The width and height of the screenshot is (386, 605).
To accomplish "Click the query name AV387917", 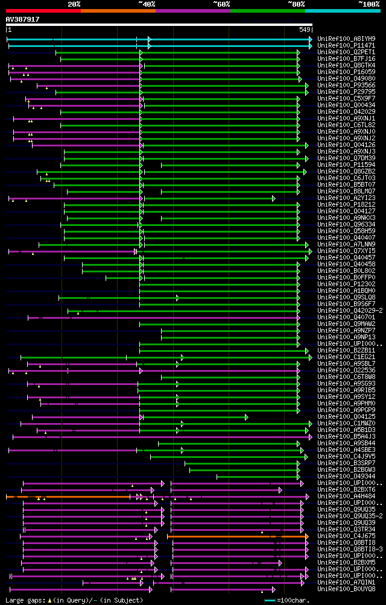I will point(23,19).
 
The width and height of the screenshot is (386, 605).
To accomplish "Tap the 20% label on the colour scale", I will point(74,4).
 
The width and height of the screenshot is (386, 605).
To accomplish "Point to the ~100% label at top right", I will point(369,4).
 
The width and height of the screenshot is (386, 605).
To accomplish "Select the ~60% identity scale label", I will point(221,4).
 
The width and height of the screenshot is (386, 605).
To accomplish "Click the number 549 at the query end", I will point(305,30).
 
